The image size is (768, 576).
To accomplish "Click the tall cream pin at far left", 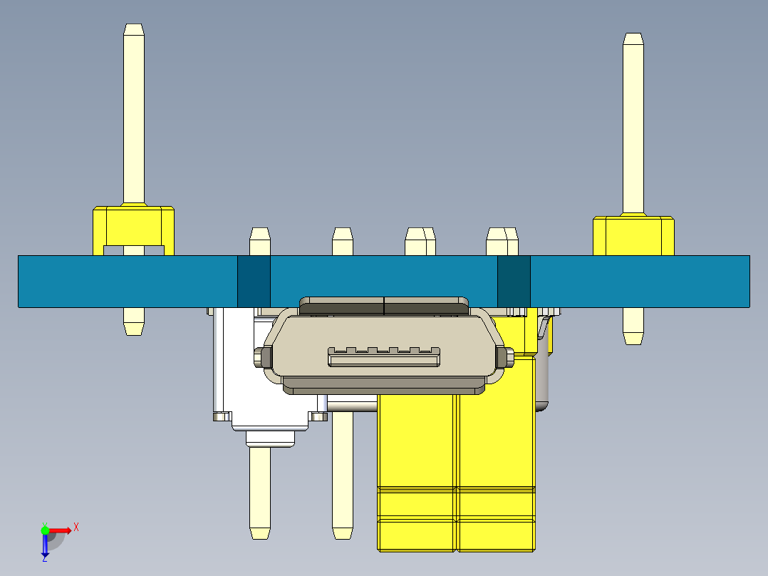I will (x=134, y=114).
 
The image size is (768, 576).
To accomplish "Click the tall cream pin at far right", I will (x=633, y=121).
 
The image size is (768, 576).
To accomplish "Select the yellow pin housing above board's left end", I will (x=134, y=225).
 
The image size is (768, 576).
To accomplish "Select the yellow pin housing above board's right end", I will (x=633, y=235).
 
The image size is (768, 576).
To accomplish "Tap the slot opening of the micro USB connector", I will (x=384, y=358).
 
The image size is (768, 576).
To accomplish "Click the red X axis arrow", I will (x=61, y=530).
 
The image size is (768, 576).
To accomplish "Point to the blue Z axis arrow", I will (x=45, y=546).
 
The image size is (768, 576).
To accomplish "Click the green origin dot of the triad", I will (x=45, y=530).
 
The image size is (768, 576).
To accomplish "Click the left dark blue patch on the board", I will (x=254, y=281).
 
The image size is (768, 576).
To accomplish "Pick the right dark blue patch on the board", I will (x=514, y=281).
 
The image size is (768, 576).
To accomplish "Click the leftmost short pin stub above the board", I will (x=260, y=242).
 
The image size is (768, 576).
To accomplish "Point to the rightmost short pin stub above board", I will (x=502, y=242).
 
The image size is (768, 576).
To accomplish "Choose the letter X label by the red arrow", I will (x=76, y=528).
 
